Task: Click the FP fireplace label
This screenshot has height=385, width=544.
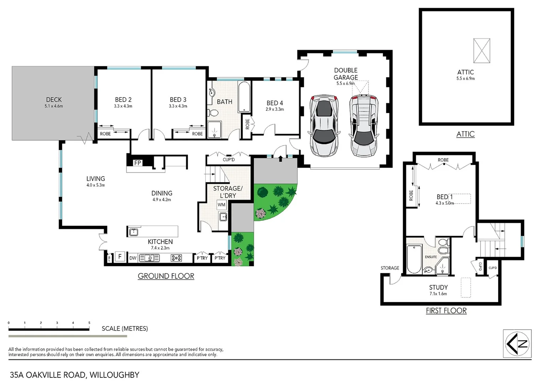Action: point(137,163)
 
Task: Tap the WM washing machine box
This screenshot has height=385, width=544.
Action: point(221,205)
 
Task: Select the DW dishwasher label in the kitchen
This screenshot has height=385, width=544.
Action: point(133,258)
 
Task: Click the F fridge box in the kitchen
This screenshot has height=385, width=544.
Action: point(120,257)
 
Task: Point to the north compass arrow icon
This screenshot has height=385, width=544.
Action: point(517,344)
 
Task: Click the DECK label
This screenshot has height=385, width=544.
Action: point(54,100)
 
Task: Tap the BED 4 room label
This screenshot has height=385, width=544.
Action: point(274,103)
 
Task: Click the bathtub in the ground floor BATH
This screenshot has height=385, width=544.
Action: point(244,97)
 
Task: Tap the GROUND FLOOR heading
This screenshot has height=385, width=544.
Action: point(166,276)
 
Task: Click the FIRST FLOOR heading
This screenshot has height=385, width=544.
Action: point(446,310)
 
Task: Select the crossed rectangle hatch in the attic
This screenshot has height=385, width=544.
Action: point(481,51)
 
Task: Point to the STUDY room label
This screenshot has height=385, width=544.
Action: point(438,287)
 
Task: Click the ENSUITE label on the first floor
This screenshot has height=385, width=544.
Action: point(430,257)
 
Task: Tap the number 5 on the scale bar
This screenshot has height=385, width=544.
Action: point(89,323)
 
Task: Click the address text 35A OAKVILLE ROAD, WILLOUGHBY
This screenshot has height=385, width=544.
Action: point(74,375)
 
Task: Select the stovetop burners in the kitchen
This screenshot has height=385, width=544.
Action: point(176,258)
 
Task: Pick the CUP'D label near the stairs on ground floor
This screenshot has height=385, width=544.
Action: point(229,159)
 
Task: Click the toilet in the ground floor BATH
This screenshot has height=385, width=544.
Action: point(213,113)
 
